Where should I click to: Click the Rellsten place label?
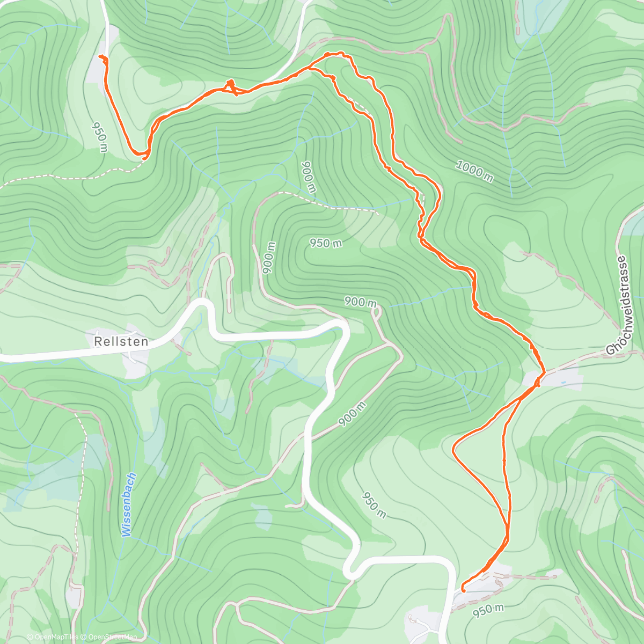[x=121, y=341]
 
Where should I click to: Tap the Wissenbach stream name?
[x=128, y=505]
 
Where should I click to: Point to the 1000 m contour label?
[x=474, y=171]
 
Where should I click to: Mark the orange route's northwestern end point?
[x=101, y=56]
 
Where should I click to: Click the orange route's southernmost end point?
[x=462, y=590]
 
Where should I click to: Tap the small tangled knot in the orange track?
[x=230, y=85]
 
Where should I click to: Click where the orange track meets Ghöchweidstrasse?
[x=543, y=372]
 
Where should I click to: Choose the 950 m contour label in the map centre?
[x=325, y=243]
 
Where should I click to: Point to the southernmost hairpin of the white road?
[x=350, y=572]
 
